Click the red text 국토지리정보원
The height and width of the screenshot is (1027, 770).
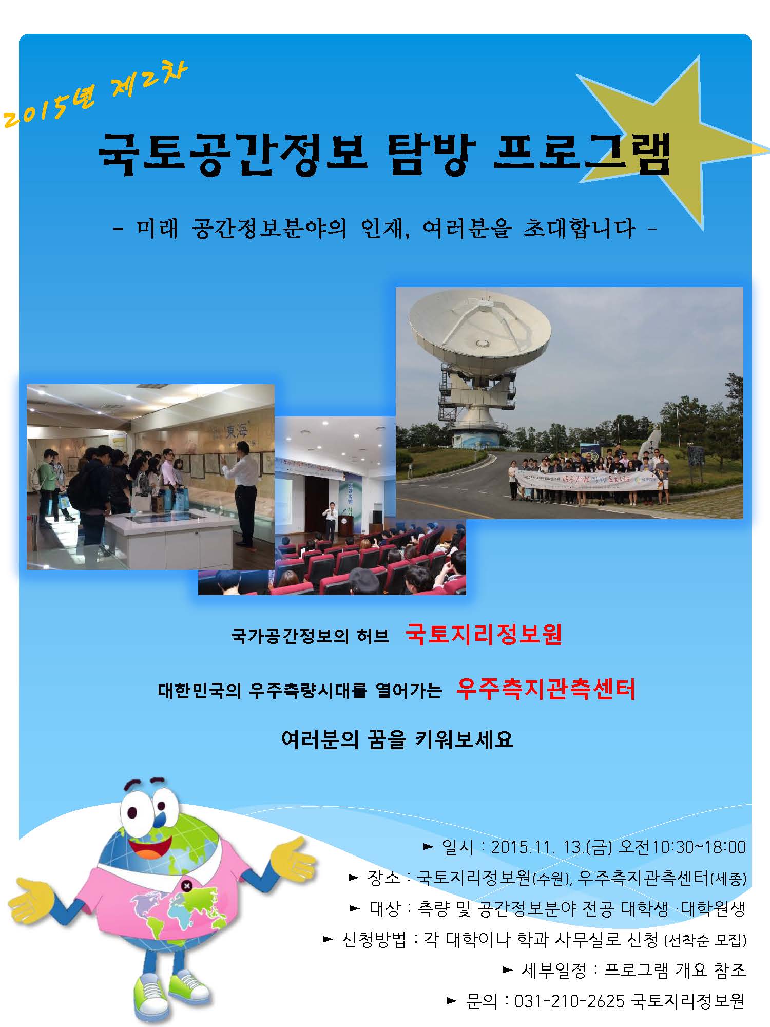484,635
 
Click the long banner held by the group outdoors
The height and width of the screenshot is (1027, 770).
585,480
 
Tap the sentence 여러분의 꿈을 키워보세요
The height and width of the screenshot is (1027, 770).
397,740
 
